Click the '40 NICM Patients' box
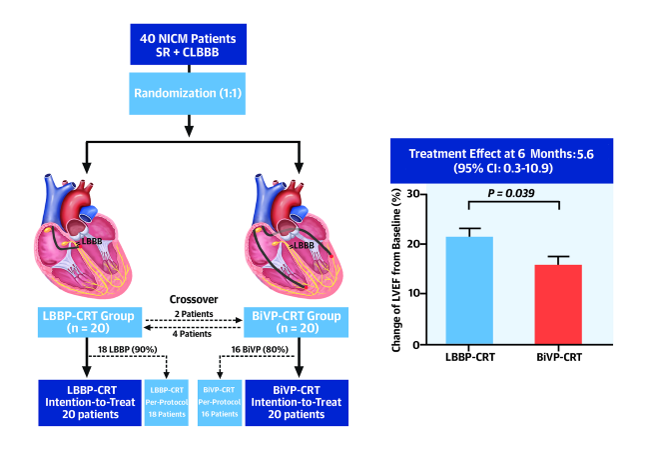click(x=189, y=44)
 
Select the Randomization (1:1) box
click(x=188, y=94)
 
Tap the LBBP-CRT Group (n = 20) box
click(x=90, y=322)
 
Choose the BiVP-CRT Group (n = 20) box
click(x=296, y=322)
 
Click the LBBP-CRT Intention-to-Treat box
click(x=90, y=403)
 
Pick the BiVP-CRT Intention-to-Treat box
click(x=297, y=403)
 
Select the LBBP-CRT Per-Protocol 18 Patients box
click(x=167, y=403)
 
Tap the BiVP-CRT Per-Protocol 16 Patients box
click(x=220, y=403)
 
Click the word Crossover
click(x=194, y=299)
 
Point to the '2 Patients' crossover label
click(x=194, y=314)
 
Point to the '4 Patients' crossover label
click(x=192, y=334)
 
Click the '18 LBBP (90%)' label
click(x=128, y=350)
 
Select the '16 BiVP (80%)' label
click(x=260, y=350)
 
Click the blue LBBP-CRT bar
click(x=469, y=291)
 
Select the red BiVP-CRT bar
click(x=558, y=305)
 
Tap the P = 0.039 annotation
click(x=511, y=193)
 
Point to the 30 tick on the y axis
click(x=414, y=194)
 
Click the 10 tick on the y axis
click(x=414, y=293)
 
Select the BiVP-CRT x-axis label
click(x=559, y=357)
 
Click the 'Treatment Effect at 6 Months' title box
click(x=501, y=161)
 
